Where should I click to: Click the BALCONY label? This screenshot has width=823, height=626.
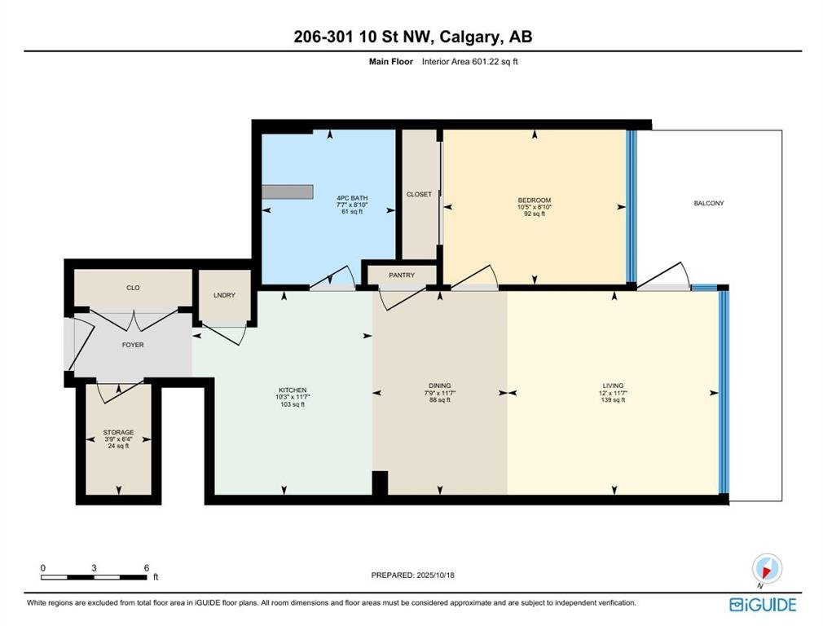[709, 203]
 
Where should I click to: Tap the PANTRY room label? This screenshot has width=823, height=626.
[402, 276]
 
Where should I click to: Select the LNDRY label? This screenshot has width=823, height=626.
[224, 295]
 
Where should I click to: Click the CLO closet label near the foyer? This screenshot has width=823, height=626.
[133, 288]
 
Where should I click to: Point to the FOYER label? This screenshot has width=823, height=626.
[133, 345]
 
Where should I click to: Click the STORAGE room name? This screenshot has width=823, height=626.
[118, 432]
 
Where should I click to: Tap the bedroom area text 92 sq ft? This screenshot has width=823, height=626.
[535, 214]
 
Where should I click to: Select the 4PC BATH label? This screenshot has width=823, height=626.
[352, 198]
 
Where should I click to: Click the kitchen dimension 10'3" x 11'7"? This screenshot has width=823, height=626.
[293, 397]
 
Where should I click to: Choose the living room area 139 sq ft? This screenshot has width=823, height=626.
[613, 399]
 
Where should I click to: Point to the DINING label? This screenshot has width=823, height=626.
[440, 386]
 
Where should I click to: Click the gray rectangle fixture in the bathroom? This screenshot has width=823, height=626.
[288, 192]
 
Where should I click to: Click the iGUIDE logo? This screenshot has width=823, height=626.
[763, 605]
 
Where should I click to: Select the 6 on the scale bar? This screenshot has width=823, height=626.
[147, 567]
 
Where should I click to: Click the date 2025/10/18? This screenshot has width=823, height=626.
[436, 575]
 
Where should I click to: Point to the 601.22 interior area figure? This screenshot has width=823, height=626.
[486, 61]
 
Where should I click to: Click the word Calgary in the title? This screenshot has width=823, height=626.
[469, 37]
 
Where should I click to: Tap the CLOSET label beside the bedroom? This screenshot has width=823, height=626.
[419, 194]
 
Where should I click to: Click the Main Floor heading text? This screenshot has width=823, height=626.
[391, 61]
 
